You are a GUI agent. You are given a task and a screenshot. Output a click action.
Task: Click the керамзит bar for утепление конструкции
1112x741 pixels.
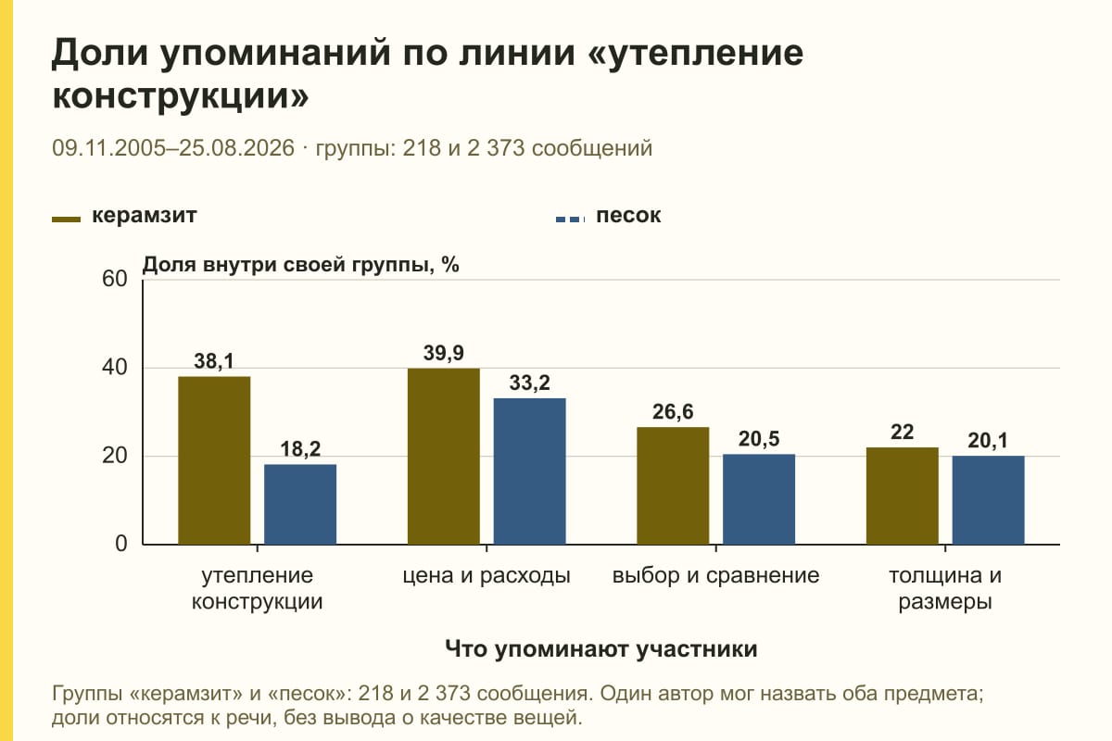tap(214, 460)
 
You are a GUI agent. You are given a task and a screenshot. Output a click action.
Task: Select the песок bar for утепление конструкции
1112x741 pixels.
tap(300, 504)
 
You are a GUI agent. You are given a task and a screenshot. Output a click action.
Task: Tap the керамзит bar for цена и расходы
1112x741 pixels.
tap(443, 456)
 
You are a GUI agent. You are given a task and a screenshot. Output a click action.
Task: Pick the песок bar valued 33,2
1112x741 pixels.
tap(529, 471)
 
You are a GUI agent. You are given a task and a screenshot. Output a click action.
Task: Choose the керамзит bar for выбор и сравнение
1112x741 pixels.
tap(673, 485)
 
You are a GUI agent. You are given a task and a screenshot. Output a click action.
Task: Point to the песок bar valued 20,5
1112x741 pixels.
tap(759, 499)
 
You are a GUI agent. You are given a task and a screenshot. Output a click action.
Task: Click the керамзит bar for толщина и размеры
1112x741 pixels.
tap(902, 496)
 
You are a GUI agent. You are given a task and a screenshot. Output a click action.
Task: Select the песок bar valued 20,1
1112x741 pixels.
tap(988, 500)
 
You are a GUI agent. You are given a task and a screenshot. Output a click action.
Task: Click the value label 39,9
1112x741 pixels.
tap(443, 354)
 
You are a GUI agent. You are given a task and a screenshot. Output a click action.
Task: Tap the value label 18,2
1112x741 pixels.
tap(300, 449)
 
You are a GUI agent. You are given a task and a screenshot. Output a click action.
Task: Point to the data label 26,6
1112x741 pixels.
tap(673, 412)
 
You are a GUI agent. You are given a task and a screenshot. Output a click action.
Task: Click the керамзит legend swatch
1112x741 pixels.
tap(66, 220)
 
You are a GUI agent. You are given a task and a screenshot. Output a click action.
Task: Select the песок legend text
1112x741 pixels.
tap(628, 216)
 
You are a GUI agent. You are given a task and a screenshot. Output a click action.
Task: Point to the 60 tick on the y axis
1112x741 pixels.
tap(115, 279)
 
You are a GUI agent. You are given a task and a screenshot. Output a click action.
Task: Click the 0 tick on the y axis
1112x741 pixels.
tap(121, 544)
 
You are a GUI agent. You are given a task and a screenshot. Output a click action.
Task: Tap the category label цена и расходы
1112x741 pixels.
tap(486, 576)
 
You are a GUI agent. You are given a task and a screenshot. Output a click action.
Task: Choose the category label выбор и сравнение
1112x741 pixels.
tap(715, 576)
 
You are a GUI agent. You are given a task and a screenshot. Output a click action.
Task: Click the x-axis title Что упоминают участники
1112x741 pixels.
tap(600, 649)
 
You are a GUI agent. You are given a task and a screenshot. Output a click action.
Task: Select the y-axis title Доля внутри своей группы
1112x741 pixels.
tap(288, 265)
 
